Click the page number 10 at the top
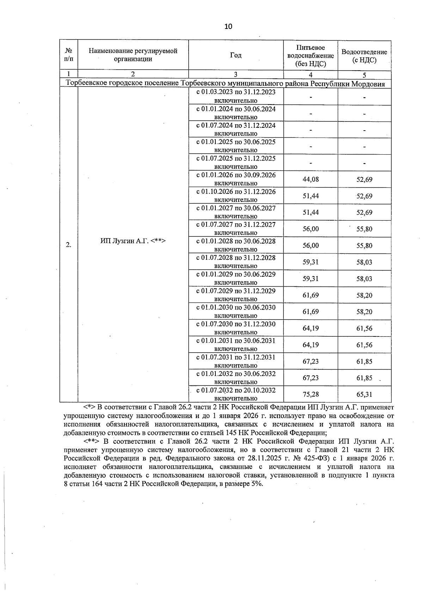tap(228, 27)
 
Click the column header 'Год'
tap(236, 55)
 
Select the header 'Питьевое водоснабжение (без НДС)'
tap(311, 55)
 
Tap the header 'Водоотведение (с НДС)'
tap(364, 56)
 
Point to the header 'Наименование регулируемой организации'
tap(133, 55)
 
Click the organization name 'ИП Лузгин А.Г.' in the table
tap(133, 241)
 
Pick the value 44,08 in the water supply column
tap(311, 179)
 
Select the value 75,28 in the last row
tap(311, 394)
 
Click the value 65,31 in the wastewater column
tap(364, 394)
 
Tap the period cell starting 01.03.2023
tap(236, 96)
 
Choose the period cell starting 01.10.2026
tap(236, 196)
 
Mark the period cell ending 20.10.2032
tap(236, 394)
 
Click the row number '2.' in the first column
tap(68, 245)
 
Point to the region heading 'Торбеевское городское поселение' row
tap(226, 84)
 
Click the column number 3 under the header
tap(236, 74)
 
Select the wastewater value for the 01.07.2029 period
tap(364, 295)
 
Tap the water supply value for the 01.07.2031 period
tap(311, 361)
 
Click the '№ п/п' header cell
tap(68, 55)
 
